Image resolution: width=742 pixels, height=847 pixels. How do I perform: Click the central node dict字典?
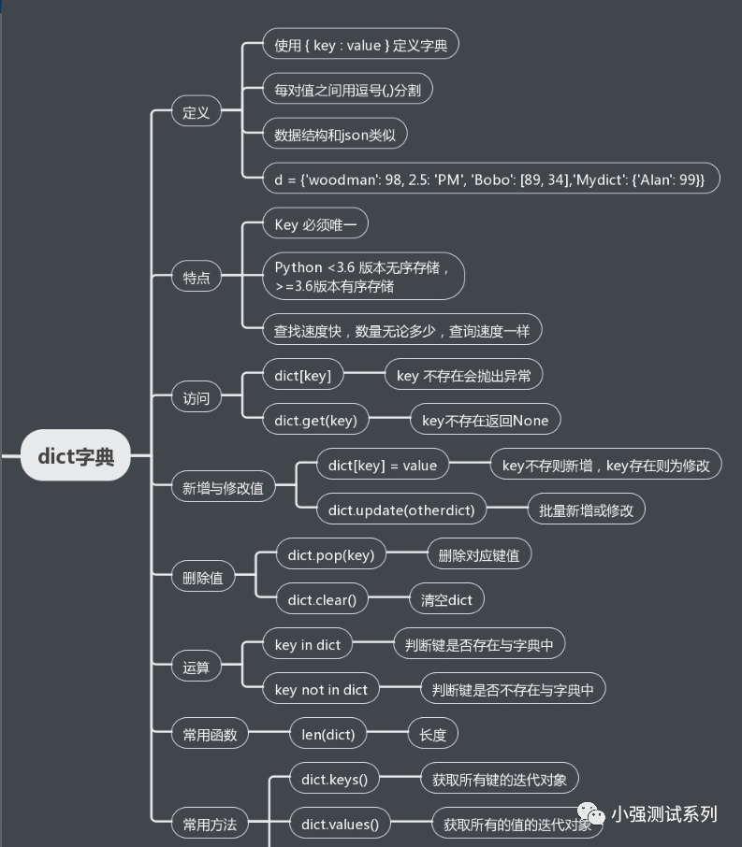tap(76, 455)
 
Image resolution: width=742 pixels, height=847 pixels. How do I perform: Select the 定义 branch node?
tap(196, 113)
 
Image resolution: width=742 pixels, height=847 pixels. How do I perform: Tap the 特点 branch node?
tap(196, 277)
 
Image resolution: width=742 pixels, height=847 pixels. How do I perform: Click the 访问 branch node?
tap(196, 397)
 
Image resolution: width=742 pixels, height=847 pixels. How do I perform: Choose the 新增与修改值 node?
tap(223, 487)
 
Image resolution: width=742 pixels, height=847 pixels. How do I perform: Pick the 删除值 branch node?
tap(202, 577)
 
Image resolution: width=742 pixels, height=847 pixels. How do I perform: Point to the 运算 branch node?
tap(196, 667)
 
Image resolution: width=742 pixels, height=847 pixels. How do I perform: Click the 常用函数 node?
tap(209, 735)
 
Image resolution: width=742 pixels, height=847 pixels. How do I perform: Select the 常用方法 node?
tap(209, 825)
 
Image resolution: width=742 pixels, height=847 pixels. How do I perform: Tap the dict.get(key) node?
tap(315, 421)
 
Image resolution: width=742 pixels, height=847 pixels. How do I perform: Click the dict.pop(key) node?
tap(330, 554)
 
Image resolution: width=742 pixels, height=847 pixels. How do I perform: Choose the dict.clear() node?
tap(321, 599)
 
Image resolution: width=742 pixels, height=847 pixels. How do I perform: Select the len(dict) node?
tap(327, 735)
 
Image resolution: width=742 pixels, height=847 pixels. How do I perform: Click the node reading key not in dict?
tap(321, 690)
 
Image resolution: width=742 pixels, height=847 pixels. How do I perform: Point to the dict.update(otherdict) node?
tap(401, 510)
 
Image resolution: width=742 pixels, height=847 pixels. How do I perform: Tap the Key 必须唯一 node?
tap(315, 224)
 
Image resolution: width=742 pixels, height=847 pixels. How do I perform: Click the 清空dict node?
tap(446, 599)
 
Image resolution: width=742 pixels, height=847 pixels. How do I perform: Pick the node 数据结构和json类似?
tap(334, 135)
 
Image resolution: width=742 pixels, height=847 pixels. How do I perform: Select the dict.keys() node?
tap(327, 779)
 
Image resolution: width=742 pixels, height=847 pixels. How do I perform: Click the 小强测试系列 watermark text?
tap(663, 814)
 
